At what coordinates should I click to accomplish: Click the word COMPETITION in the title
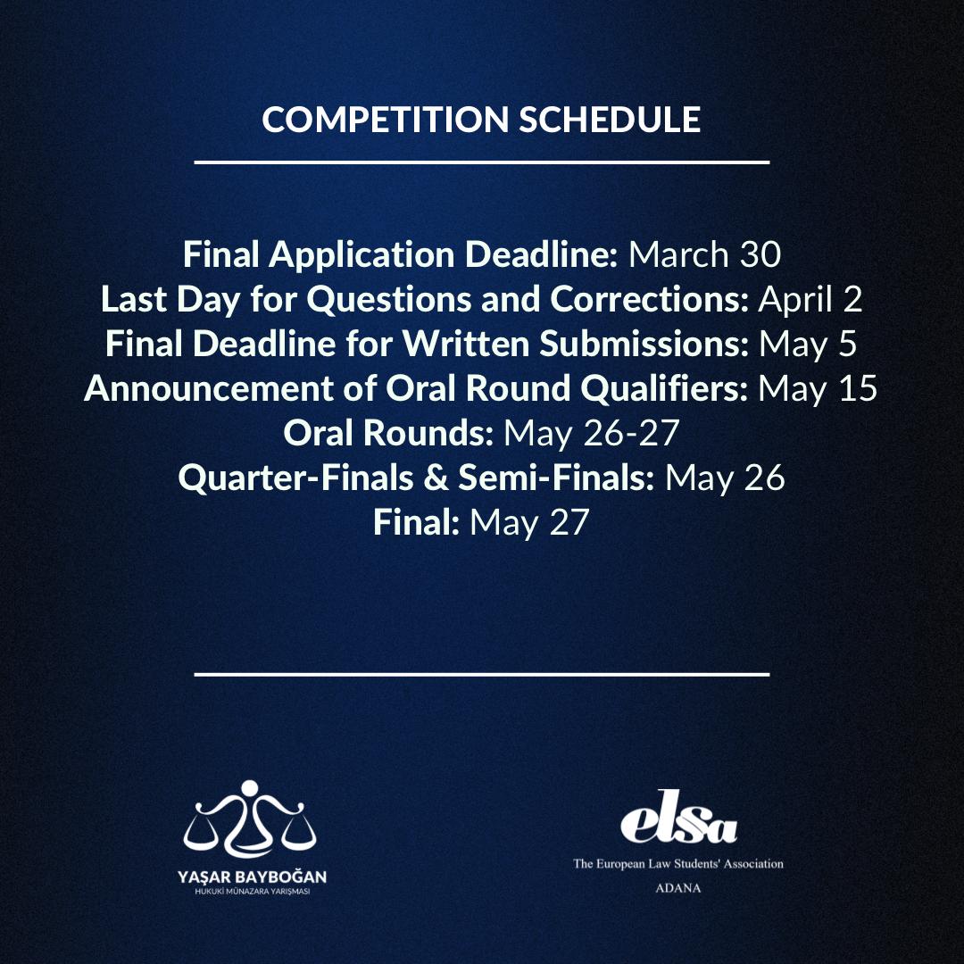point(385,120)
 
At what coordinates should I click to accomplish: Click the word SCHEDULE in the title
point(610,120)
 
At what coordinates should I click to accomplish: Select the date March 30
point(704,253)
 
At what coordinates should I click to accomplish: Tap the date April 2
point(810,300)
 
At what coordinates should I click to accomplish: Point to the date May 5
point(807,345)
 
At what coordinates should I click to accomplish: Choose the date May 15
point(818,389)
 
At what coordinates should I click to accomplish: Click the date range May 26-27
point(592,434)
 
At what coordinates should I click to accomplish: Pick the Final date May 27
point(529,523)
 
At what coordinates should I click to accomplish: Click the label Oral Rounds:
point(388,433)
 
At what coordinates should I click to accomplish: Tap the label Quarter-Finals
point(295,478)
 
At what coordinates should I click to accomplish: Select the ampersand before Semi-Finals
point(436,478)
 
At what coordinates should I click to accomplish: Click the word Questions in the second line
point(388,300)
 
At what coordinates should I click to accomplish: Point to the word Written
point(466,344)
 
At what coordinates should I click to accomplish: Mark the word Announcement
point(209,388)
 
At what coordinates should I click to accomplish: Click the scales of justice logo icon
point(250,819)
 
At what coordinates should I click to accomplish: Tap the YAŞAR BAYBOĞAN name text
point(252,877)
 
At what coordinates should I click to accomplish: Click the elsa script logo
point(678,818)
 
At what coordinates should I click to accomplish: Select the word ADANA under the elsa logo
point(678,888)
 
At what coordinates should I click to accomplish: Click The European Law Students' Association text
point(678,864)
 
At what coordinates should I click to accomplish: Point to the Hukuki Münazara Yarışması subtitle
point(252,892)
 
